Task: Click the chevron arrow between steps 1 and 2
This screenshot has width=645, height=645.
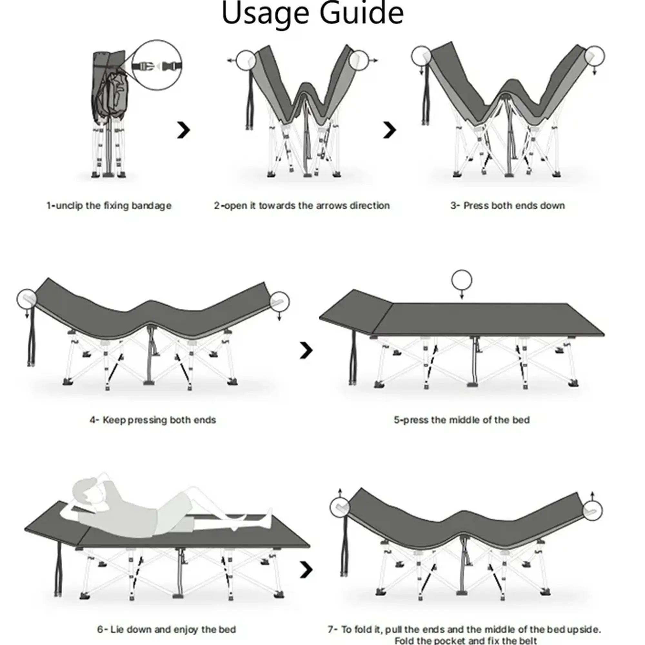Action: pos(183,130)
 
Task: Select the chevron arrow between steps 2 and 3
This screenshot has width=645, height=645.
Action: pos(389,130)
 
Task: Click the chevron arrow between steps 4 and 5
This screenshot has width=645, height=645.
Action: pos(306,350)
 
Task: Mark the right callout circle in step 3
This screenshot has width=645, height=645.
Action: pos(594,56)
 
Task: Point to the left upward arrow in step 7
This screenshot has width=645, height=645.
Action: pos(340,493)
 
